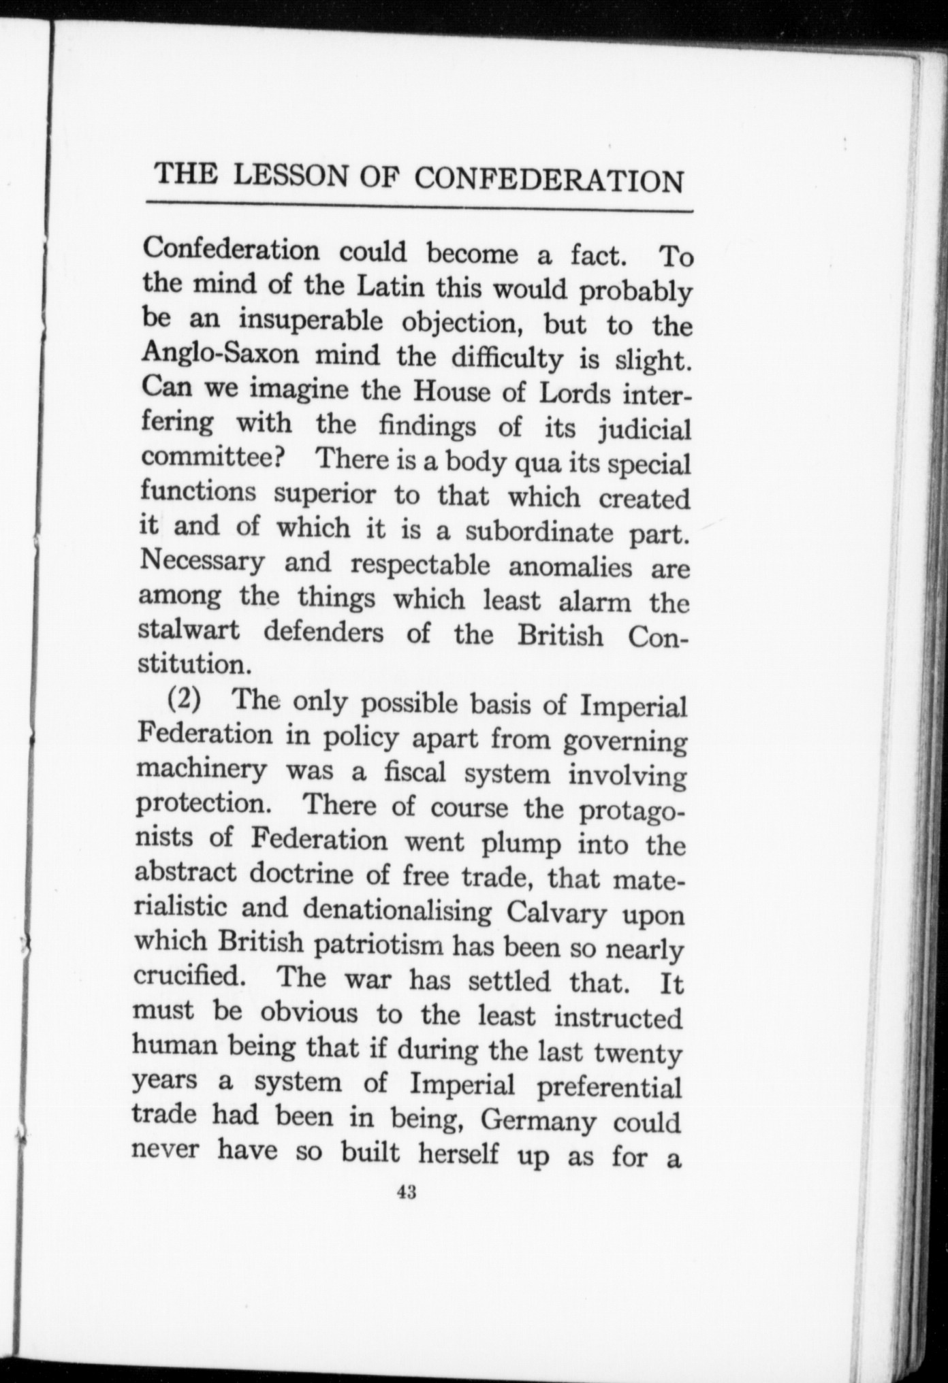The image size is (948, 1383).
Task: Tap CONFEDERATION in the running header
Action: coord(549,181)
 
